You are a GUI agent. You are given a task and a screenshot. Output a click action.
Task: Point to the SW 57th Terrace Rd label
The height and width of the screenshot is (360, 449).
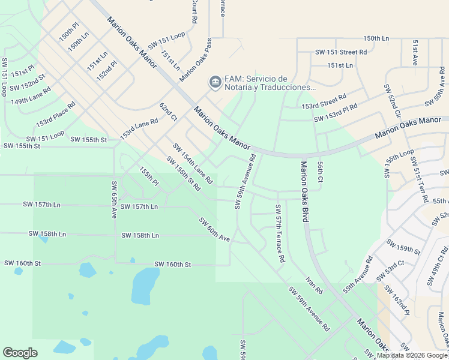tap(280, 234)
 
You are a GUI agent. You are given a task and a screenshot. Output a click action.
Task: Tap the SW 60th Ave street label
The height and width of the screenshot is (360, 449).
tap(215, 230)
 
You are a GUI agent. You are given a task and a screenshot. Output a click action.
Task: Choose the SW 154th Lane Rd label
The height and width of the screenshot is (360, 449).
tap(193, 163)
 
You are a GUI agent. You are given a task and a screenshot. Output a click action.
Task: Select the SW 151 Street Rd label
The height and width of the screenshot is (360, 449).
tap(341, 53)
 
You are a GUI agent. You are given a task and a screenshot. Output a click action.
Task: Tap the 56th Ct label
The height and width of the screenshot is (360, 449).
tap(321, 172)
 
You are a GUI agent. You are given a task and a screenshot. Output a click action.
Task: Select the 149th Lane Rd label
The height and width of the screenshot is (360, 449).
tap(31, 94)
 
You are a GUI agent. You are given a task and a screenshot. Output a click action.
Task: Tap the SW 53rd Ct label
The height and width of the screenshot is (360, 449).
tap(391, 271)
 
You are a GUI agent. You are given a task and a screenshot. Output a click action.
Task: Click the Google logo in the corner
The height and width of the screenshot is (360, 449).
tap(20, 352)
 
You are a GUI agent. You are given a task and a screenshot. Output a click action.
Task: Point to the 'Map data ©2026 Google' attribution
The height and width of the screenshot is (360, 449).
tap(412, 355)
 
